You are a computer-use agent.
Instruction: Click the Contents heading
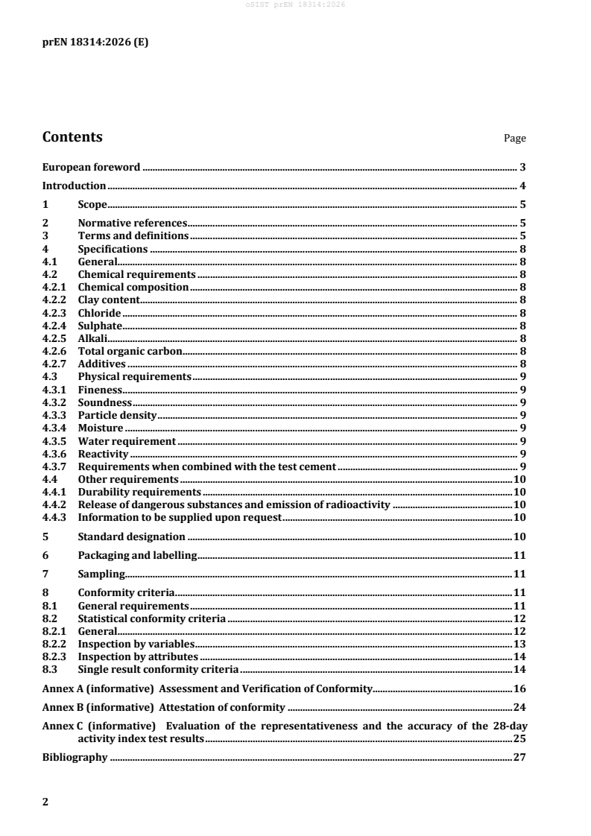coord(72,137)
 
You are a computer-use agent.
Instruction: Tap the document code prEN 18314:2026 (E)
coord(95,42)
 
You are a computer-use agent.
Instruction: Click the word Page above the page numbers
coord(515,139)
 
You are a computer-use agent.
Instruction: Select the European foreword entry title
coord(92,168)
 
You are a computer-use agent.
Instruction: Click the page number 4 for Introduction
coord(524,186)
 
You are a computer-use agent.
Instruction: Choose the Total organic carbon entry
coord(130,351)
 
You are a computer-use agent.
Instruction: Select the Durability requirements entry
coord(139,492)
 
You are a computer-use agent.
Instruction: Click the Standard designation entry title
coord(131,536)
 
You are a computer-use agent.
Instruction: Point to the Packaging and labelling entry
coord(137,555)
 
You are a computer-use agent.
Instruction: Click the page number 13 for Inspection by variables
coord(521,644)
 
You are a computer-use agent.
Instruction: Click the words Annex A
coord(61,687)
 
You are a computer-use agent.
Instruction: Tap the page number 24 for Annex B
coord(521,706)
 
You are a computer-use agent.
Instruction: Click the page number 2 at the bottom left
coord(45,802)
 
